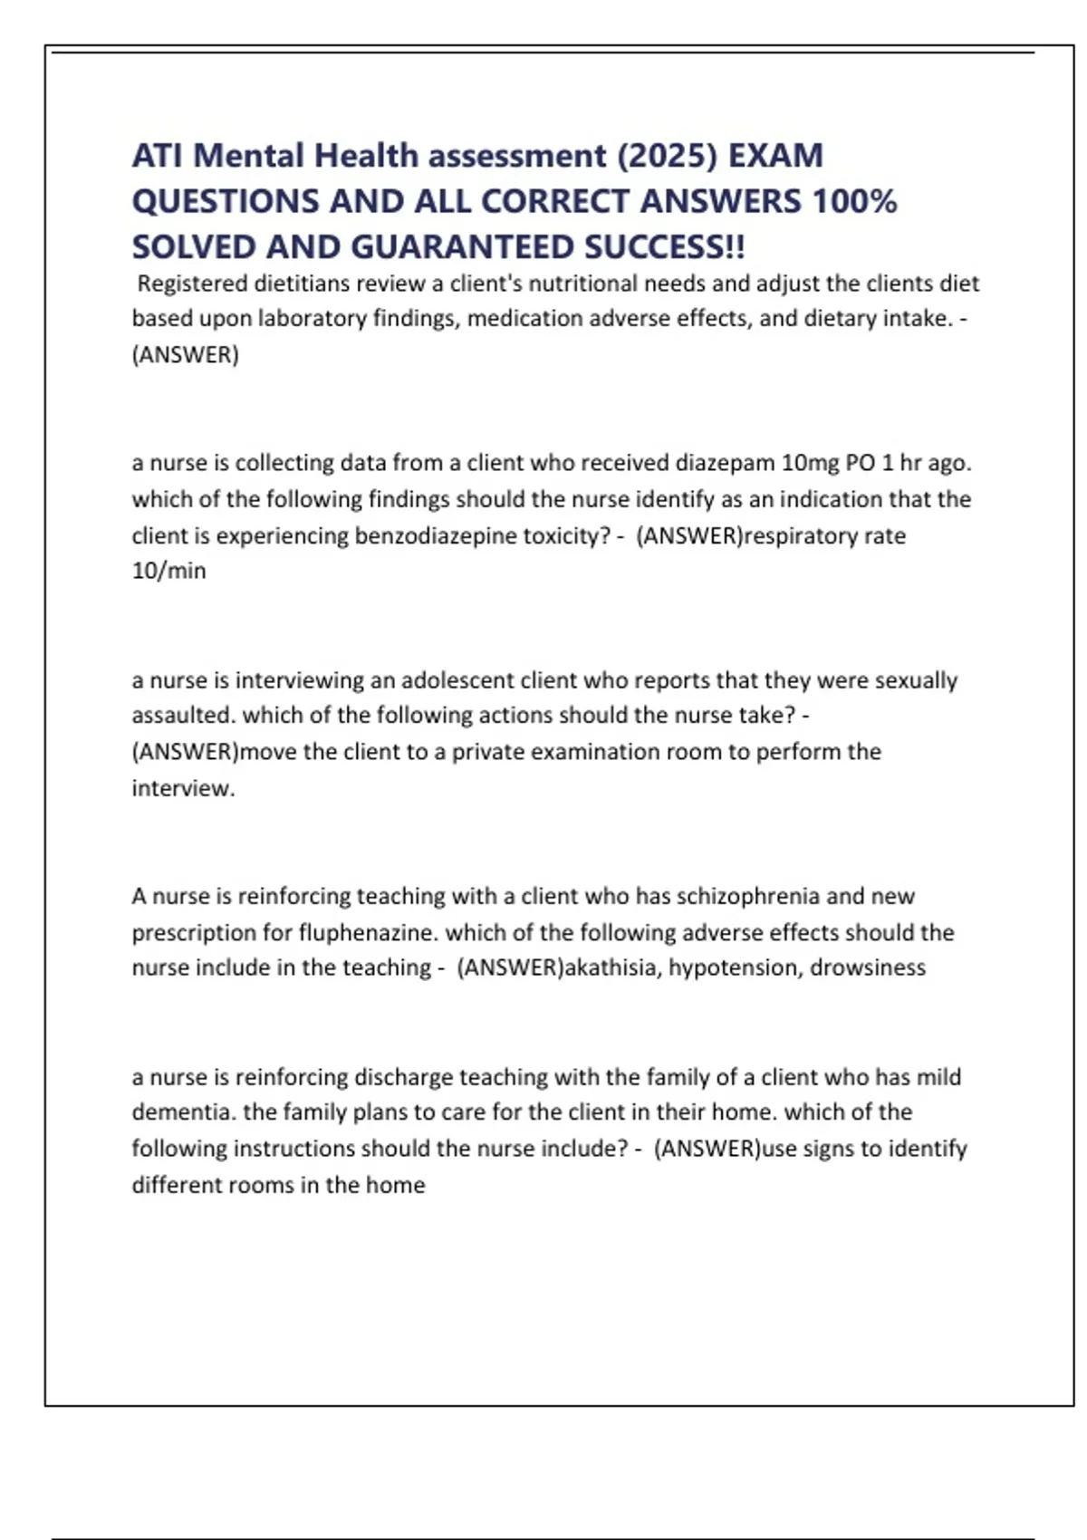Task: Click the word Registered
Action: (192, 284)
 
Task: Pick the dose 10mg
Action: (811, 463)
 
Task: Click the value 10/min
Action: (169, 571)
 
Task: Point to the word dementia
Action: (184, 1112)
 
